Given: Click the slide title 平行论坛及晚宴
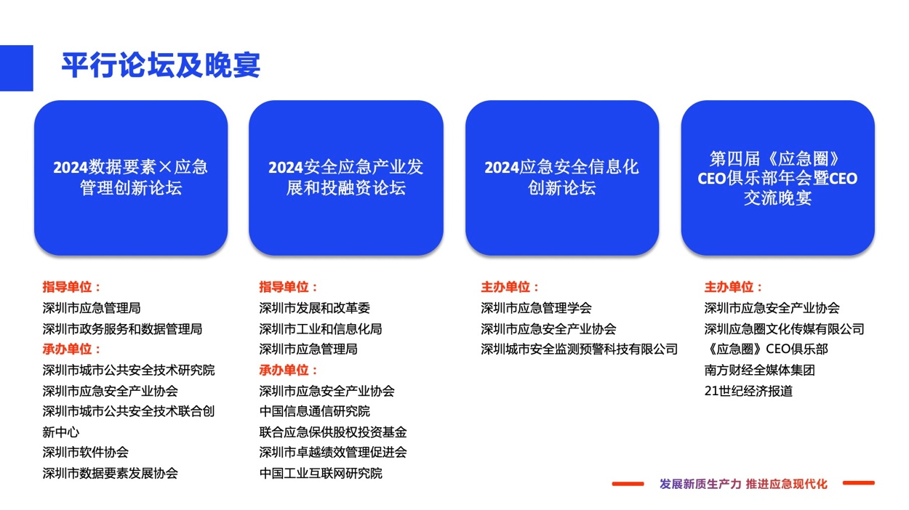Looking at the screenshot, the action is point(161,65).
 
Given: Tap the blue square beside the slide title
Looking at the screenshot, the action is point(16,68).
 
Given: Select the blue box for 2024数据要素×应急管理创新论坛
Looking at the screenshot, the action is point(131,178).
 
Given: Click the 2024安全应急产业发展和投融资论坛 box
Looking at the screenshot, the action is point(345,178).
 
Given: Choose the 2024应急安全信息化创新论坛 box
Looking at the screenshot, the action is point(562,178).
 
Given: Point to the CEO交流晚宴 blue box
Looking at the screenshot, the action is point(777,178).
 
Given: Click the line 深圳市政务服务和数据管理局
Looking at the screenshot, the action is point(122,329).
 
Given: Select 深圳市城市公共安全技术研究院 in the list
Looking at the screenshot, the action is point(129,370).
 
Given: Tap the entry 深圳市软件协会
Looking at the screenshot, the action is point(85,453).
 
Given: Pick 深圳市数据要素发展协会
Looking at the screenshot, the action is point(110,474).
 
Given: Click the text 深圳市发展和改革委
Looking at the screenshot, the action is point(314,309).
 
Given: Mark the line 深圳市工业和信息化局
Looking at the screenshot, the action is point(321,329).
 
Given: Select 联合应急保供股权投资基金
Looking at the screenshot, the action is point(333,432).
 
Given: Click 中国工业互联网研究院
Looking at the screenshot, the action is point(321,474).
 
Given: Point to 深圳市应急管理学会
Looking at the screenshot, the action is point(536,309).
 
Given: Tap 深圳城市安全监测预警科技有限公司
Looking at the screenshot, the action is point(579,349).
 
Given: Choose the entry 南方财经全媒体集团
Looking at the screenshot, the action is point(759,370).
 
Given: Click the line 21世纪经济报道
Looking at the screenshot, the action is point(748,391).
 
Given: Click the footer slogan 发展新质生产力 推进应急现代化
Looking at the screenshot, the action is point(743,484).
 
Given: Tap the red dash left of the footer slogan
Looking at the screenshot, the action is point(628,484).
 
